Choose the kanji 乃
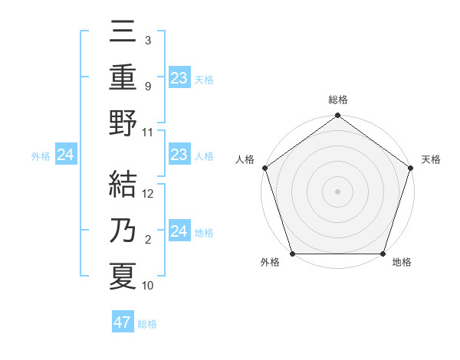[123, 231]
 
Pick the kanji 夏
[123, 277]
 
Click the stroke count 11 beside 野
[148, 132]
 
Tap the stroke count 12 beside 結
[148, 194]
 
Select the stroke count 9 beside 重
[147, 86]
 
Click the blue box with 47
[123, 322]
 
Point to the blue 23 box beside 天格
[179, 77]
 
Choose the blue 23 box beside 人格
[179, 155]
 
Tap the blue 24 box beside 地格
[179, 231]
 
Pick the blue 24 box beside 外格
[65, 155]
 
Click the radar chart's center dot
[337, 191]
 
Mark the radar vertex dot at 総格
[337, 116]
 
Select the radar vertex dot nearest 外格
[293, 254]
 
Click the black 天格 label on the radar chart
[432, 159]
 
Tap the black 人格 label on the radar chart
[245, 159]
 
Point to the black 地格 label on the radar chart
[402, 263]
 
